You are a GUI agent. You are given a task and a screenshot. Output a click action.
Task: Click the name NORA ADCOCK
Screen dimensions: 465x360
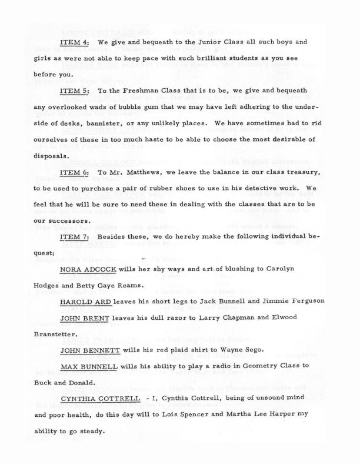click(88, 269)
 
